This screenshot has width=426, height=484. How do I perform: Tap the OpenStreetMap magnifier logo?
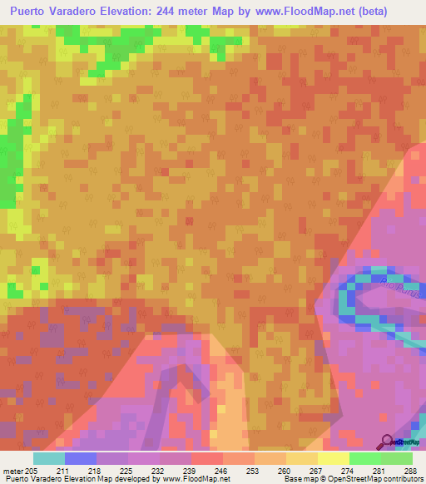[x=388, y=440]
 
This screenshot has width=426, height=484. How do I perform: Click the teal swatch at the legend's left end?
[x=49, y=458]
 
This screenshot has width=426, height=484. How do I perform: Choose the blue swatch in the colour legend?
[x=81, y=458]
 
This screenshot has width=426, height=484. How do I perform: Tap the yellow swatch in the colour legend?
[x=334, y=458]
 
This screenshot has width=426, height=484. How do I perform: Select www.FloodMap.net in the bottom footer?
[x=196, y=480]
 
